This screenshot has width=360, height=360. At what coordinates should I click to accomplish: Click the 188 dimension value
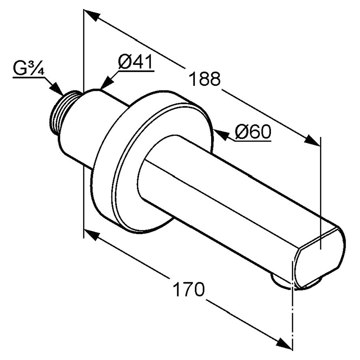click(204, 79)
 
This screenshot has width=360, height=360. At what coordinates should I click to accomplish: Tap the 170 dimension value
click(188, 289)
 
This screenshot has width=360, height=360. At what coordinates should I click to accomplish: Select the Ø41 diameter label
click(135, 62)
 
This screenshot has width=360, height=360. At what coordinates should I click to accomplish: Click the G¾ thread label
click(28, 68)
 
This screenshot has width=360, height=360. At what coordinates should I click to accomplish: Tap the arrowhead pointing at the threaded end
click(57, 88)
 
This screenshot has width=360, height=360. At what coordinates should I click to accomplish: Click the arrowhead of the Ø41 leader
click(107, 82)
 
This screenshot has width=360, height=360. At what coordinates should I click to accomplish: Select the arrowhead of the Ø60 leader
click(221, 135)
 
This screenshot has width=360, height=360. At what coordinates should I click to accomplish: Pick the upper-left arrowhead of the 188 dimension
click(92, 15)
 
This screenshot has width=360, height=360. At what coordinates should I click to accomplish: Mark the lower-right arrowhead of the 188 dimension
click(312, 140)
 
